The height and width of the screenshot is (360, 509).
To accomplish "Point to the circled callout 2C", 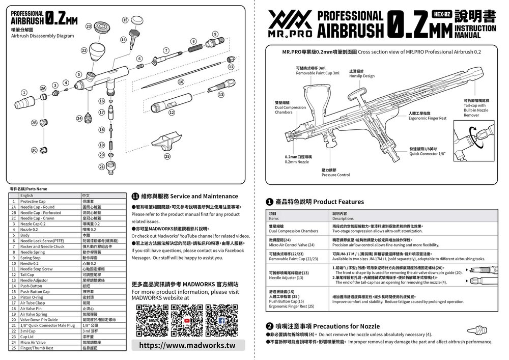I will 34,151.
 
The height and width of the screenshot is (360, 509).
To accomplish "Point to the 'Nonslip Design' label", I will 362,76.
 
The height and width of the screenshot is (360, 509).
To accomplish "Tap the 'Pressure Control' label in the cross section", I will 335,175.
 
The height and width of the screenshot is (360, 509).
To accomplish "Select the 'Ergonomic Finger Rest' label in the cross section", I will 428,118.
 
